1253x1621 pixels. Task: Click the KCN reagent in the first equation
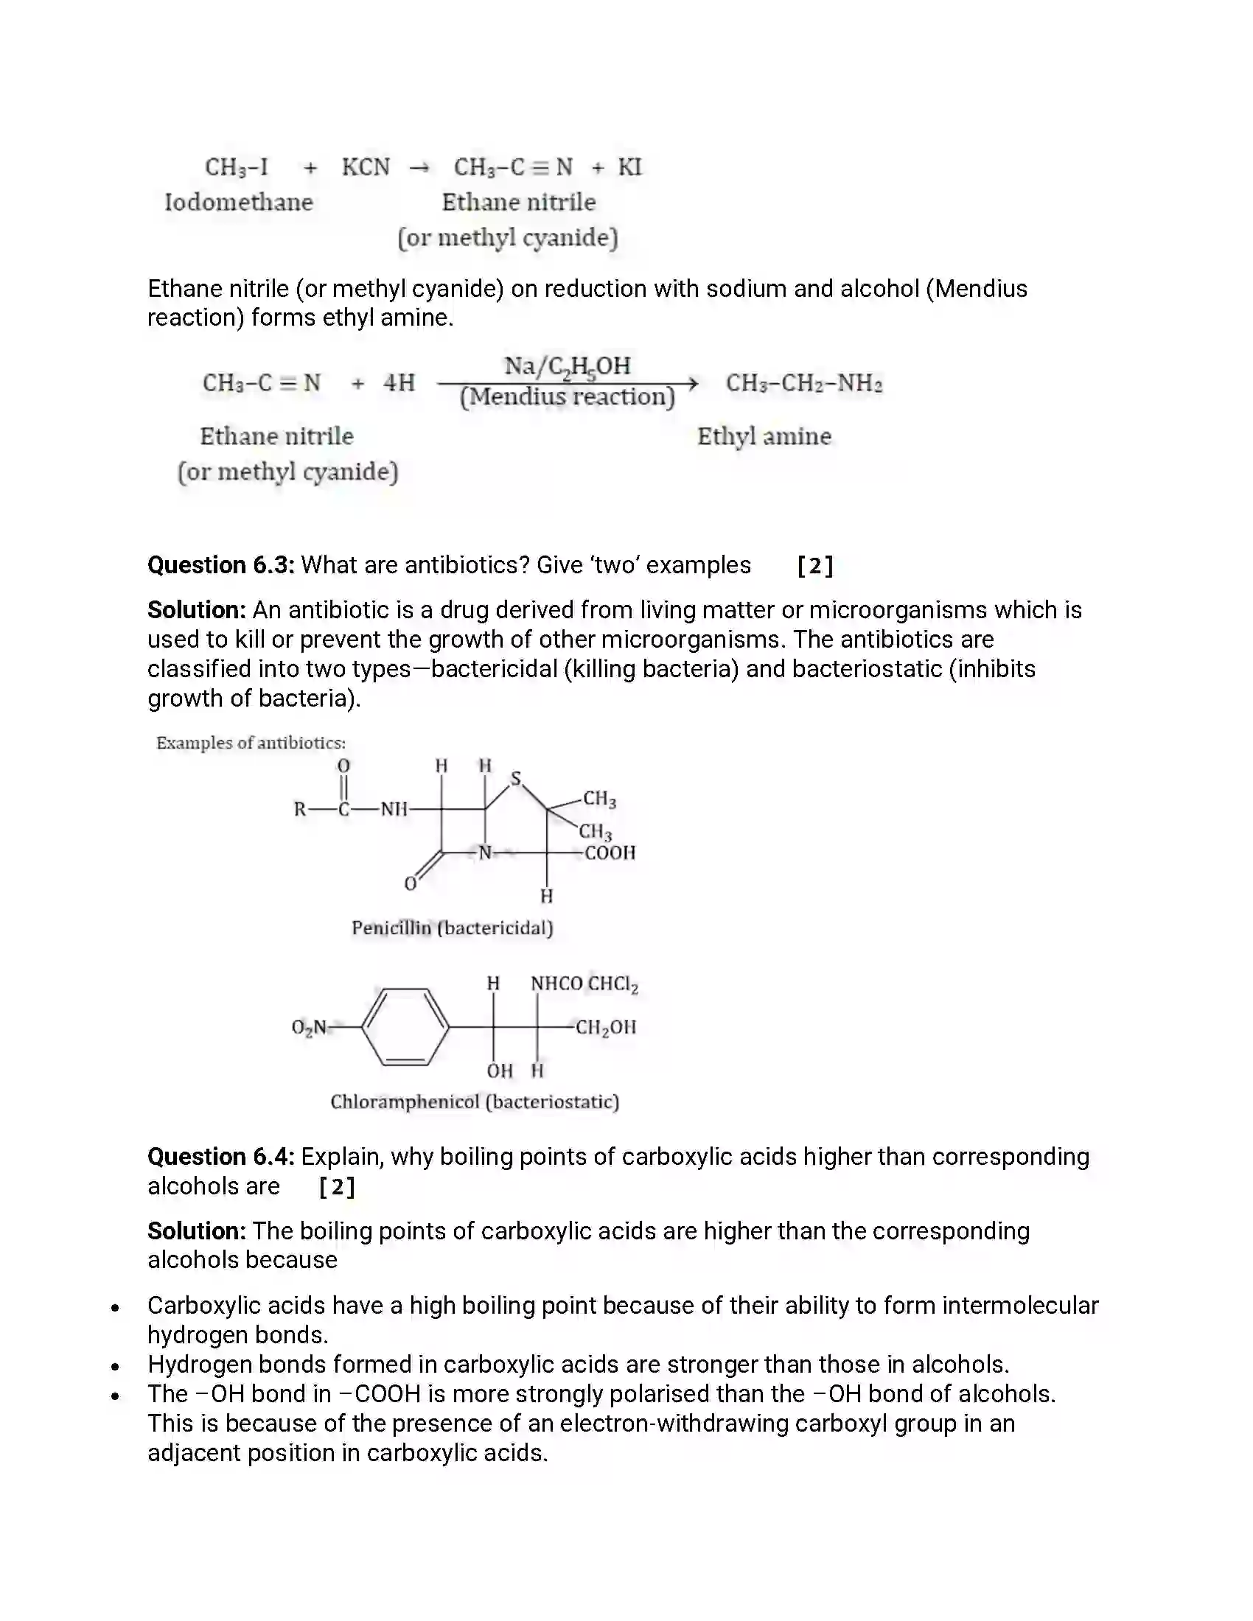coord(365,167)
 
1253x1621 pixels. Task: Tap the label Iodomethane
coord(238,202)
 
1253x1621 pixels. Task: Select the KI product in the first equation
coord(629,167)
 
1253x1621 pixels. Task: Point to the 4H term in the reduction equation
coord(399,383)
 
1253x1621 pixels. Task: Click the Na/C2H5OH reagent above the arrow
coord(567,366)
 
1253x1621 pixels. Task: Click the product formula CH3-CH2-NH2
coord(804,383)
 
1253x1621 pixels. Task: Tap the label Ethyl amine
coord(764,436)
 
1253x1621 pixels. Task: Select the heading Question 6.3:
coord(220,566)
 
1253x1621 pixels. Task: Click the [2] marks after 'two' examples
coord(815,567)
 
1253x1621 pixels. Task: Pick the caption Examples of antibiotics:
coord(251,743)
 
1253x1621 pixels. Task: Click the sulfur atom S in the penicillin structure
coord(516,779)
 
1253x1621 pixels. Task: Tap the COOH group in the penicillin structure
coord(610,852)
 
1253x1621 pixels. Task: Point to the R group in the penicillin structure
coord(300,809)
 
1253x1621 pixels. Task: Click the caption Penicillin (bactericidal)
coord(452,928)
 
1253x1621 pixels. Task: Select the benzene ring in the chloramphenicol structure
coord(405,1027)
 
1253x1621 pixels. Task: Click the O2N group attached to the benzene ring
coord(309,1027)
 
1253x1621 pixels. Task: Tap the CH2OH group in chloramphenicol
coord(606,1027)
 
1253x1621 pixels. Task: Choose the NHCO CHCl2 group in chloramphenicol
coord(584,984)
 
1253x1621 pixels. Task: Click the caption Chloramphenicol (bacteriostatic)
coord(475,1102)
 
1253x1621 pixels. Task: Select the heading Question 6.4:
coord(220,1157)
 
